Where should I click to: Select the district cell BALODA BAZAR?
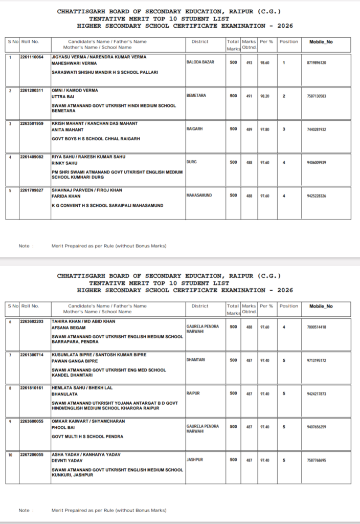(x=200, y=62)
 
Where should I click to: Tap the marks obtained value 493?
(x=249, y=62)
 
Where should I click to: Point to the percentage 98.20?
(x=264, y=96)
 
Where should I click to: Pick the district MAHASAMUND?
(x=199, y=195)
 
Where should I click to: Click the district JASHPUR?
(x=195, y=460)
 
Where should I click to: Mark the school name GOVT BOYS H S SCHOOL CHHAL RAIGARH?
(x=96, y=139)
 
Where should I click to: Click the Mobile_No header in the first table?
(x=321, y=41)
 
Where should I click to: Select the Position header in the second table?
(x=289, y=306)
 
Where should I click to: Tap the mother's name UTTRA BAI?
(x=63, y=96)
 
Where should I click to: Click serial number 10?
(x=11, y=454)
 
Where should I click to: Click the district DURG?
(x=192, y=162)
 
